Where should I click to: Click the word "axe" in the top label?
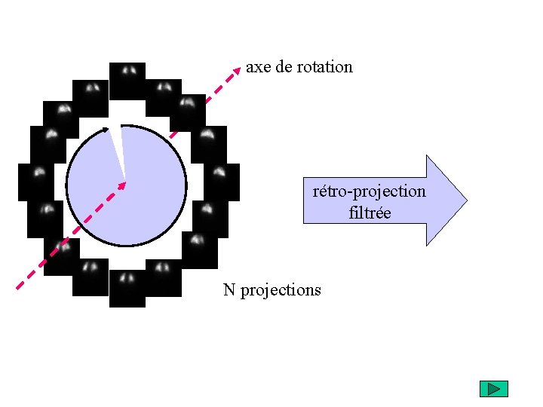point(257,67)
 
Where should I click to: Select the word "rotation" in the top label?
point(324,67)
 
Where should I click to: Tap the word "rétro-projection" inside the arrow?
point(369,191)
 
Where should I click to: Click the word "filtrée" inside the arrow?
point(370,213)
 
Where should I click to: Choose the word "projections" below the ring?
point(281,290)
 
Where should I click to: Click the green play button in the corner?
point(494,389)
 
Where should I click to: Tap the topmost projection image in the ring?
point(127,81)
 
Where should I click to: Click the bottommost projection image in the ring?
point(127,289)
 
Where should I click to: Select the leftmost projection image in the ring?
point(36,182)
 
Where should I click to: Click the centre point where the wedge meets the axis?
point(124,182)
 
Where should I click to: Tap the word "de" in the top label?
point(284,67)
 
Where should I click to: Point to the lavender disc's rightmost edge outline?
point(186,185)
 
